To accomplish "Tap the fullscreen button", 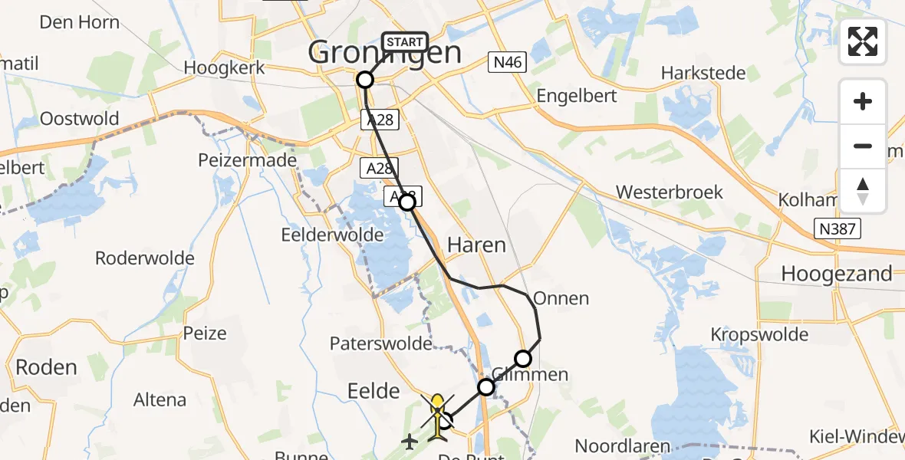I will pyautogui.click(x=863, y=41).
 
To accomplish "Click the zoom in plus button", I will pyautogui.click(x=863, y=101).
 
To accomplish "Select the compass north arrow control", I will pyautogui.click(x=863, y=191).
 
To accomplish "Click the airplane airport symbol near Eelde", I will pyautogui.click(x=410, y=442).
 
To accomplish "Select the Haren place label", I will pyautogui.click(x=476, y=245).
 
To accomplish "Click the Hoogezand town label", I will pyautogui.click(x=836, y=274).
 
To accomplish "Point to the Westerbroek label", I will pyautogui.click(x=670, y=191).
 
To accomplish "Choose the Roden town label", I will pyautogui.click(x=47, y=367).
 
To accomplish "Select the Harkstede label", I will pyautogui.click(x=703, y=74).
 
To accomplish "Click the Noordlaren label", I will pyautogui.click(x=622, y=446).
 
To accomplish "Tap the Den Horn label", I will pyautogui.click(x=80, y=21).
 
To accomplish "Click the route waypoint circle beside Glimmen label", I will pyautogui.click(x=522, y=358).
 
